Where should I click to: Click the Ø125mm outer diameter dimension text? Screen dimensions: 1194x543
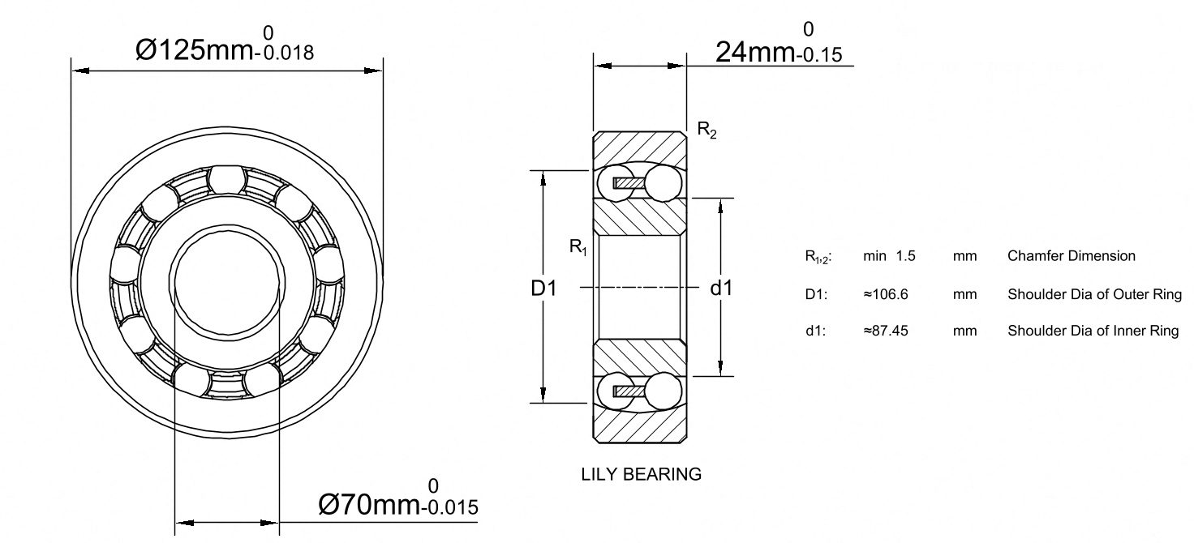(195, 50)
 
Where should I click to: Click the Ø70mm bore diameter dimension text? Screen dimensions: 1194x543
(369, 504)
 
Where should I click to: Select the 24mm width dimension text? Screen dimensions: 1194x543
(755, 52)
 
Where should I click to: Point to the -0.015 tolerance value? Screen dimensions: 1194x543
(449, 507)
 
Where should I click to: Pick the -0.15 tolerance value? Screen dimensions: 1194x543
(818, 55)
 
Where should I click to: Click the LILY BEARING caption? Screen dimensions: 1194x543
(642, 474)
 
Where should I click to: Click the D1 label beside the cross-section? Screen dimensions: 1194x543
(543, 288)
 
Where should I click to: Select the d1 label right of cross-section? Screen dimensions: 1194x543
(722, 288)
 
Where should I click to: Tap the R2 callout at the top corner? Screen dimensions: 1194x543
(707, 130)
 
